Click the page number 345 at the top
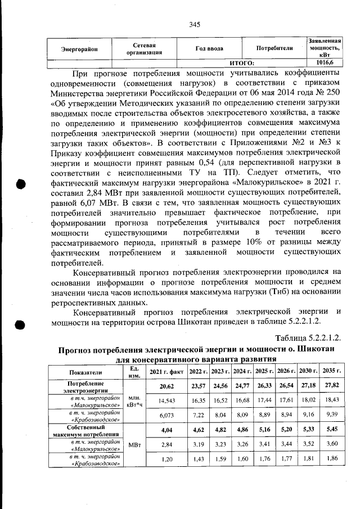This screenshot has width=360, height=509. tap(195, 24)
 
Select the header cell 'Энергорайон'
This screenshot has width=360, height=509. tap(79, 49)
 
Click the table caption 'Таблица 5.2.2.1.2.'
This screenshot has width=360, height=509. tap(308, 337)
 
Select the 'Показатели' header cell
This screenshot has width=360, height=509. tap(85, 372)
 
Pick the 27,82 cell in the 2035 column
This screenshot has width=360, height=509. tap(331, 386)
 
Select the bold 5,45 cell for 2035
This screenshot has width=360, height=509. tap(331, 430)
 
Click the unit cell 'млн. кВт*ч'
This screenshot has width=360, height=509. tap(134, 400)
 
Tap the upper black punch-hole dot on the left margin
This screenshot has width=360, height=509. tap(21, 185)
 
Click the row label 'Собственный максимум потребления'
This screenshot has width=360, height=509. tap(85, 430)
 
